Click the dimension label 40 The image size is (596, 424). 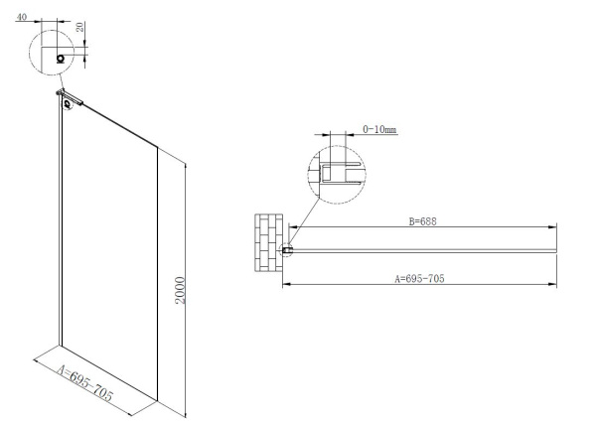point(22,18)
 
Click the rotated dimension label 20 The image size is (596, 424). point(79,27)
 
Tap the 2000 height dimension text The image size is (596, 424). point(180,290)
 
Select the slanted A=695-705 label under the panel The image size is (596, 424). point(84,383)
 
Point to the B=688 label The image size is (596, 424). point(423,221)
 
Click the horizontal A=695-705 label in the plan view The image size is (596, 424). point(419,279)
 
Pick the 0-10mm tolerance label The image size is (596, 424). point(379,129)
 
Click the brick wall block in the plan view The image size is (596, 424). point(268,242)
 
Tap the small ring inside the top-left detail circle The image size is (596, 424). point(61,59)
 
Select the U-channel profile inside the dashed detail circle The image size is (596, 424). point(341,173)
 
